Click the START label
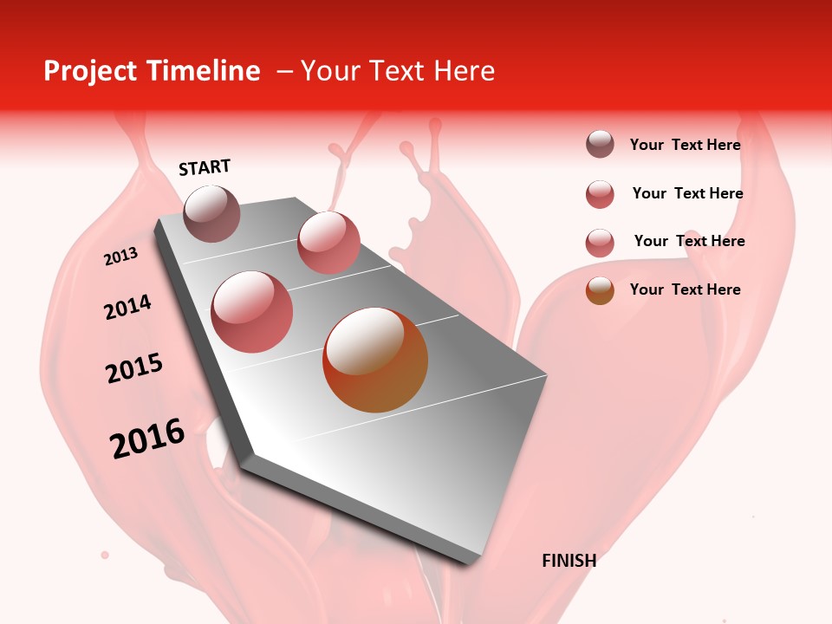[x=205, y=167]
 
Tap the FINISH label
[x=569, y=561]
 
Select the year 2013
[x=120, y=257]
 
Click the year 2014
[x=127, y=308]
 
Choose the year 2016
[x=147, y=439]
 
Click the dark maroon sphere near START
[x=212, y=213]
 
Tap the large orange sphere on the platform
[x=375, y=360]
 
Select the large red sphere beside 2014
[x=252, y=312]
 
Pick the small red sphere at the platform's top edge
[x=328, y=243]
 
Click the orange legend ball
[x=600, y=290]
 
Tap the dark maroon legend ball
[x=600, y=145]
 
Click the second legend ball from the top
[x=600, y=194]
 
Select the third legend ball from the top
[x=600, y=243]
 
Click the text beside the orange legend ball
[x=685, y=289]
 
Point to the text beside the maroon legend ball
[x=685, y=145]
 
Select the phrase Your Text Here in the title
[x=398, y=71]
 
